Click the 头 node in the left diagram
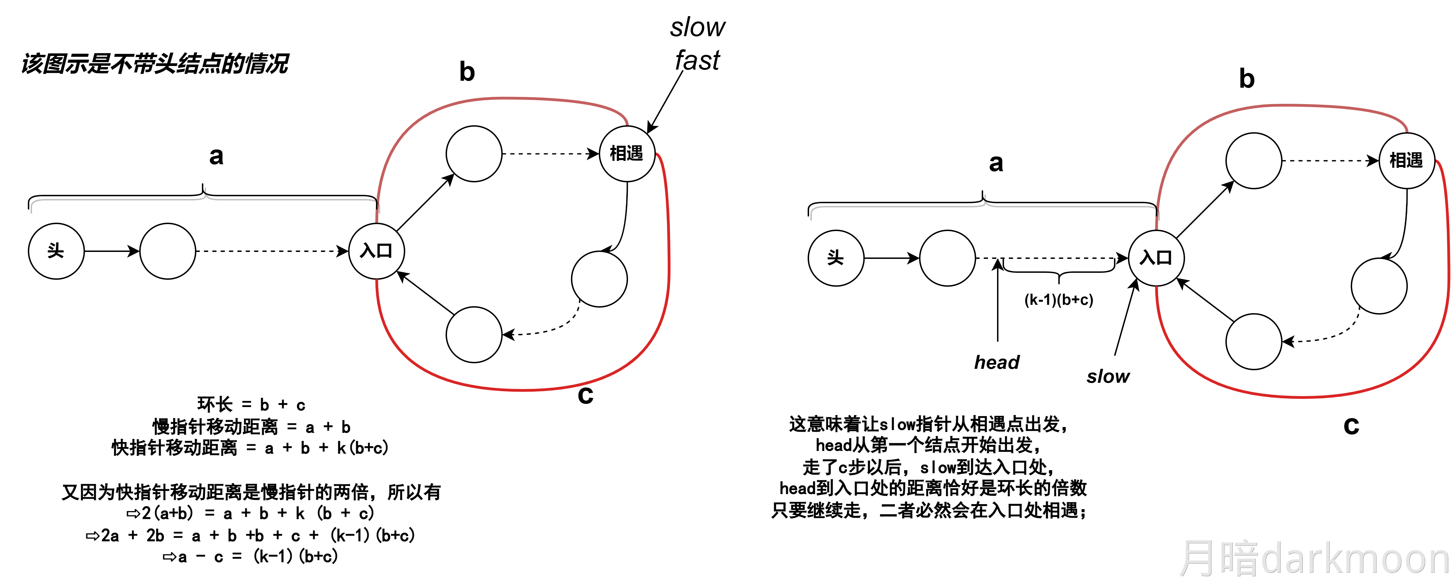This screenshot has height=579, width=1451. (x=56, y=251)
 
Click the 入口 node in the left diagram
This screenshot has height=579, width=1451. (x=376, y=251)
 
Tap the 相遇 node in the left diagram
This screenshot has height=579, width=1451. (x=626, y=153)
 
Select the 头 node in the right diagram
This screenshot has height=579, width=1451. (x=835, y=258)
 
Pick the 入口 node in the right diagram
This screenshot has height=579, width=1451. (x=1156, y=258)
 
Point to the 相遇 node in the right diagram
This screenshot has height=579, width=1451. (x=1406, y=161)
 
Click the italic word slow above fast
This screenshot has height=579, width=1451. (x=697, y=27)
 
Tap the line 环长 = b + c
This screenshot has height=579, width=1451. (x=251, y=404)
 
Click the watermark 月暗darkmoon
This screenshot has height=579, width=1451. (x=1312, y=559)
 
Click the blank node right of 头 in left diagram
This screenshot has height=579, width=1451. (x=167, y=251)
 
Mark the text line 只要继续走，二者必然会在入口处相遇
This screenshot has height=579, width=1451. (x=929, y=510)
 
